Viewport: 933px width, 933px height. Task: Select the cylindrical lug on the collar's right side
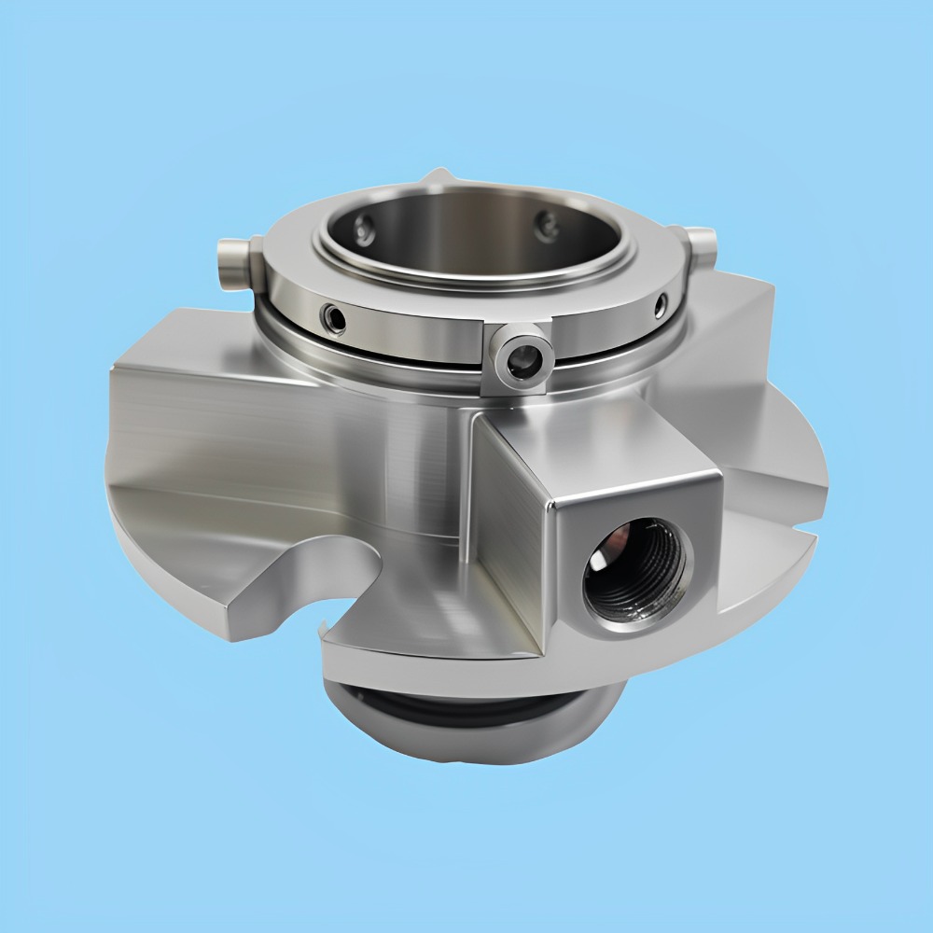click(x=702, y=244)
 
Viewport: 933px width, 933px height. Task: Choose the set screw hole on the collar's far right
click(x=661, y=303)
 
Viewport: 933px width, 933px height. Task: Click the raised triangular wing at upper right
click(x=737, y=327)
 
